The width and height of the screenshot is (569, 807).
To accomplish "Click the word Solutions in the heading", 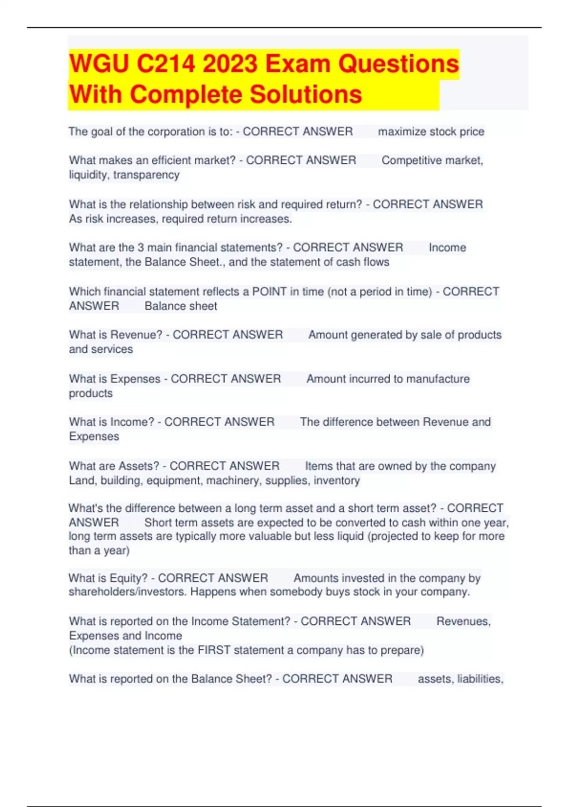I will point(306,94).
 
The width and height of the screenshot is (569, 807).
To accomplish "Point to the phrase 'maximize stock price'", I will point(431,131).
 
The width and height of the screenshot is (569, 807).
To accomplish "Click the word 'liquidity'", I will point(89,175).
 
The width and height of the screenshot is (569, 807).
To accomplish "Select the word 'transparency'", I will point(146,175).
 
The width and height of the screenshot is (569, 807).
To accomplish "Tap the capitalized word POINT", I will point(269,291).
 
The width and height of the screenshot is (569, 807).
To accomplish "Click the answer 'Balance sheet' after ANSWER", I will point(181,306).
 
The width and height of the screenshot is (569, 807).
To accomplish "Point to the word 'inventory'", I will point(337,480).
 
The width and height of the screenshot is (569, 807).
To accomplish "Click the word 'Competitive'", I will point(411,160).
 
